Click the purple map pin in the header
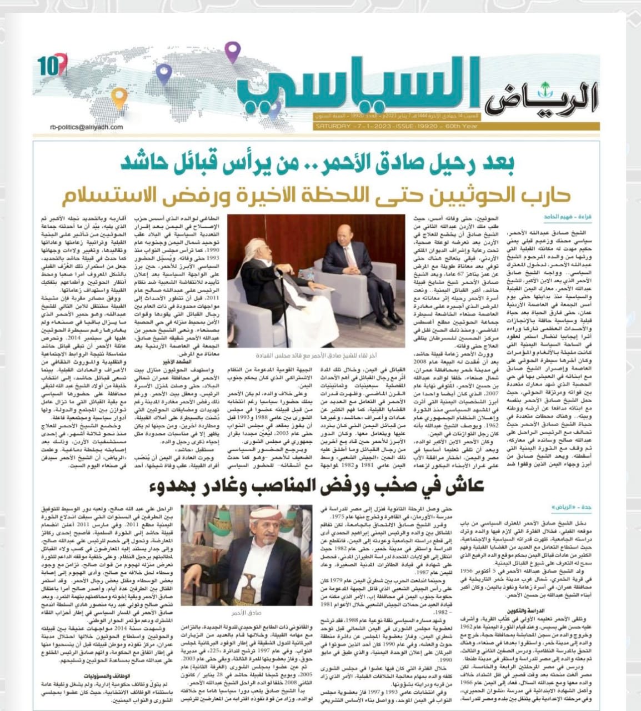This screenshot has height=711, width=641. point(232,51)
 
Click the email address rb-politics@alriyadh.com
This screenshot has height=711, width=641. point(86,127)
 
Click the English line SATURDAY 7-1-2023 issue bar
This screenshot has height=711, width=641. point(389,127)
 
